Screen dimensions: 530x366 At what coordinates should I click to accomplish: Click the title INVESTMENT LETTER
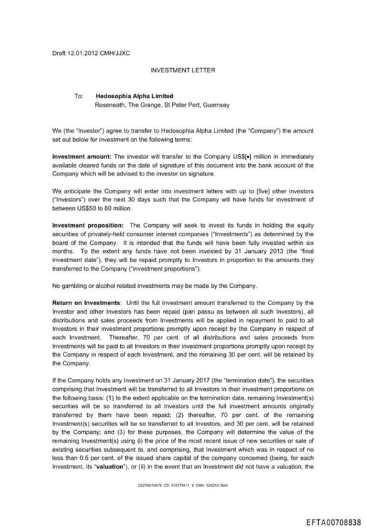pos(182,70)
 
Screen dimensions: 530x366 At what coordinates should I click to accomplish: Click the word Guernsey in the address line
pos(216,105)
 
